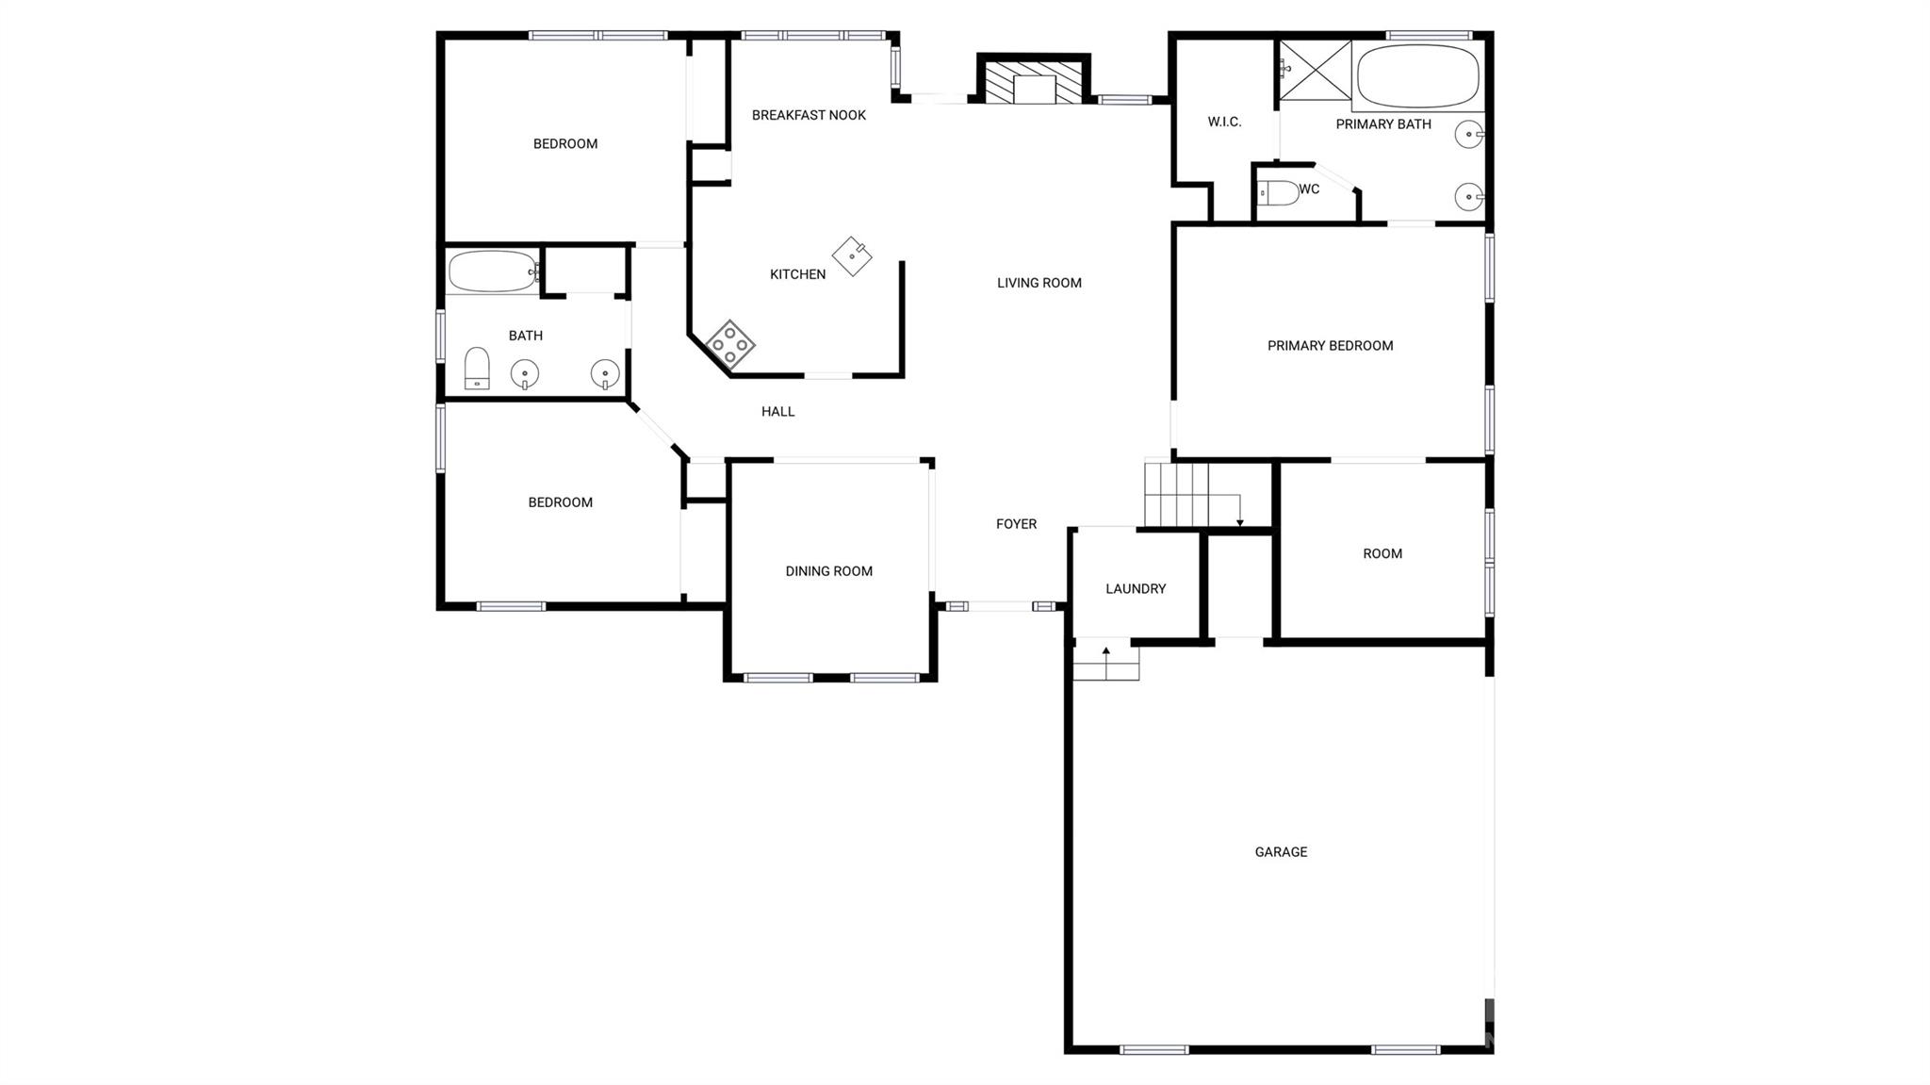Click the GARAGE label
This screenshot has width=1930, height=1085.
(1281, 852)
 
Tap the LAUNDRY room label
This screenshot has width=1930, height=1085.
(1136, 589)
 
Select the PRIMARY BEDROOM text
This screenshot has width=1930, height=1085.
(1330, 346)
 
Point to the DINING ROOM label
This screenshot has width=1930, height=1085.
(828, 571)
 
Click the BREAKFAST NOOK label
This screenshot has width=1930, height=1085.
(809, 115)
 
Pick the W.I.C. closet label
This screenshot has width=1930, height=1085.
(1224, 122)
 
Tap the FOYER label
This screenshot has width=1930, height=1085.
(1016, 524)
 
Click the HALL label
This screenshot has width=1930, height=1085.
(777, 412)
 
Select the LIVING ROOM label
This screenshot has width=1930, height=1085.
(1039, 283)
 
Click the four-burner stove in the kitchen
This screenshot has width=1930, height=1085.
(730, 344)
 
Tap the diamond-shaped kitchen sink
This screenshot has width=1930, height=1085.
(852, 255)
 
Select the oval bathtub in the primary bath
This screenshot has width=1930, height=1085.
(1417, 75)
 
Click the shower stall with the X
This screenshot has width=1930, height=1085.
(1314, 69)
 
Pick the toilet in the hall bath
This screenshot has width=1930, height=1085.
(477, 368)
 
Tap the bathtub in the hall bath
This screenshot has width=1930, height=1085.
(492, 271)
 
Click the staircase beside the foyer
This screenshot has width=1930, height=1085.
(1178, 494)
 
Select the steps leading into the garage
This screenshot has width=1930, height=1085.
(1105, 662)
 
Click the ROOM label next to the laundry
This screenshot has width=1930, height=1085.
(1382, 554)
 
